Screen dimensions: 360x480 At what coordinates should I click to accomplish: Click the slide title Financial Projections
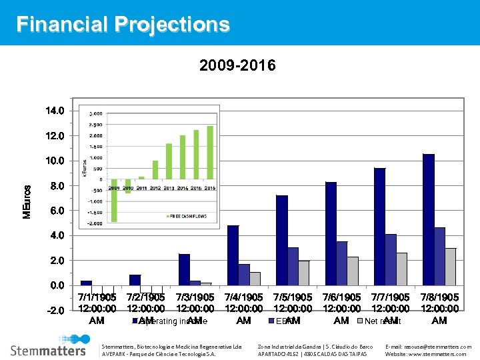123,25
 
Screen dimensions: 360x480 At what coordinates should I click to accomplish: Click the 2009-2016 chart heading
237,66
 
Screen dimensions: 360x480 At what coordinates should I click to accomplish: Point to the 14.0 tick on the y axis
55,111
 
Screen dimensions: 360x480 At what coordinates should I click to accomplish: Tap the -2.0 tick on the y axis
55,311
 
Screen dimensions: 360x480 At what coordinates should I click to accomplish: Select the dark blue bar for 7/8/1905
428,220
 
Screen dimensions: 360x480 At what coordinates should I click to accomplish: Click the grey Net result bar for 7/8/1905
451,267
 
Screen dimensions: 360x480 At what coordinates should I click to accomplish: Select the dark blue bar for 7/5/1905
281,240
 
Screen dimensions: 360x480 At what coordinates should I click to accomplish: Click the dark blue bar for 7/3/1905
184,269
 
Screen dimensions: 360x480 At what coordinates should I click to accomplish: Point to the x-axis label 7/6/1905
341,308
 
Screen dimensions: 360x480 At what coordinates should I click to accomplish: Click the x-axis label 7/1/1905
97,308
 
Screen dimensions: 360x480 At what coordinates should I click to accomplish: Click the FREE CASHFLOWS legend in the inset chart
188,216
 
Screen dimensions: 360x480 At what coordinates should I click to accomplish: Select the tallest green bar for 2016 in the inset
210,153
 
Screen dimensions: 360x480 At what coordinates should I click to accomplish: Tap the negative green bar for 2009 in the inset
114,200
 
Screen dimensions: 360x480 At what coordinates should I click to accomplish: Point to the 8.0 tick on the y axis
57,186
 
